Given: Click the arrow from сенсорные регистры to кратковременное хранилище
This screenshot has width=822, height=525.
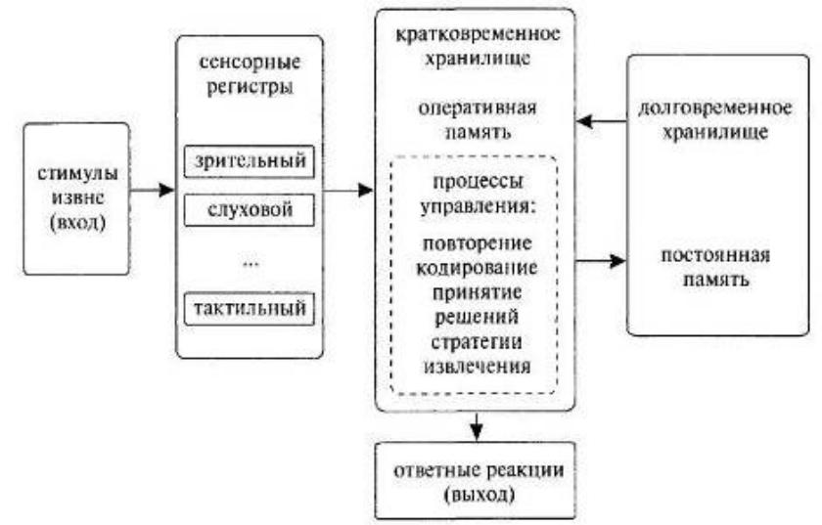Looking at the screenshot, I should click(x=348, y=189).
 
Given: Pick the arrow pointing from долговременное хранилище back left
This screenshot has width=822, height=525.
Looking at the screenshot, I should click(x=600, y=122).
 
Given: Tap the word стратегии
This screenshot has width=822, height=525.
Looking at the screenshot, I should click(x=476, y=342).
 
